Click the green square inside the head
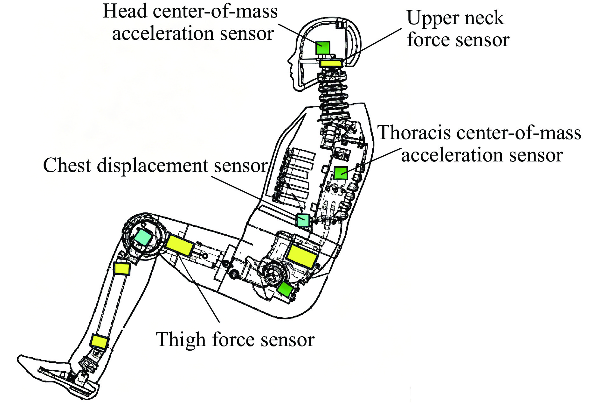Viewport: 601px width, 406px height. tap(323, 48)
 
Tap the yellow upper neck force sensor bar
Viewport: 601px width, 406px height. tap(331, 63)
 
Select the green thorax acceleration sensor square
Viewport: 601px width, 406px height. tap(341, 173)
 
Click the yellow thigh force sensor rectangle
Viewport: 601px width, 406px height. tap(180, 245)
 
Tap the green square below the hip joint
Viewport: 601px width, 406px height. tap(285, 289)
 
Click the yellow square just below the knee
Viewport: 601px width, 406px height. tap(122, 268)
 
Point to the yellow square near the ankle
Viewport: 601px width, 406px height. tap(99, 341)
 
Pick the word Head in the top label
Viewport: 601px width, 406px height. tap(125, 11)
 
